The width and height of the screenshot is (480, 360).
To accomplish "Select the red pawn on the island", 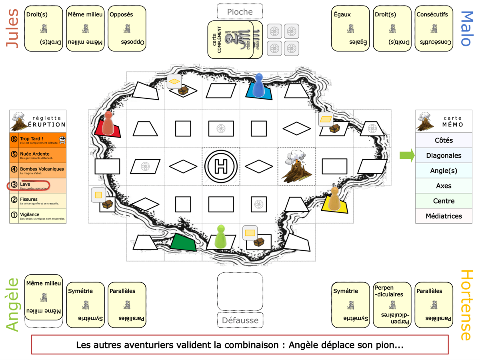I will pyautogui.click(x=108, y=123).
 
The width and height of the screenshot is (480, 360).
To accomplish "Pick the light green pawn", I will pyautogui.click(x=220, y=236).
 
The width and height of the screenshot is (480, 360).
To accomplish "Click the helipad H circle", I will pyautogui.click(x=221, y=166).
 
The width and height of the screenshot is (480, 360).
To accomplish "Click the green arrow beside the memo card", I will pyautogui.click(x=407, y=156).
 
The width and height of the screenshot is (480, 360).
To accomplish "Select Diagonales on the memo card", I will pyautogui.click(x=444, y=156).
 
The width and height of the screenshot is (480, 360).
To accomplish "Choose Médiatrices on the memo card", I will pyautogui.click(x=444, y=216).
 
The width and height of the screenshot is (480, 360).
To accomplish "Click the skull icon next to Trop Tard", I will pyautogui.click(x=62, y=140).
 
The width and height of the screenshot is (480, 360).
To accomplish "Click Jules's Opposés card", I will pyautogui.click(x=127, y=28).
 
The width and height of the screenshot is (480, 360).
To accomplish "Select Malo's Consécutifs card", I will pyautogui.click(x=434, y=28).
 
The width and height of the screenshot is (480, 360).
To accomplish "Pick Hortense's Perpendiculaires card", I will pyautogui.click(x=392, y=305).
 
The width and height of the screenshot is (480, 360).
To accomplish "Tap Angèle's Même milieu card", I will pyautogui.click(x=44, y=297).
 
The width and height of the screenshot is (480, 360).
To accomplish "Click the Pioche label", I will pyautogui.click(x=240, y=12).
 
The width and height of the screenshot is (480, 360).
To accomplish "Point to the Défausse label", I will pyautogui.click(x=240, y=320).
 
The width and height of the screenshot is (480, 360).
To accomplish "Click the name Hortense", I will pyautogui.click(x=466, y=305).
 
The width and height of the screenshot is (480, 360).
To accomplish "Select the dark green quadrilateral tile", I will pyautogui.click(x=184, y=242).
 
